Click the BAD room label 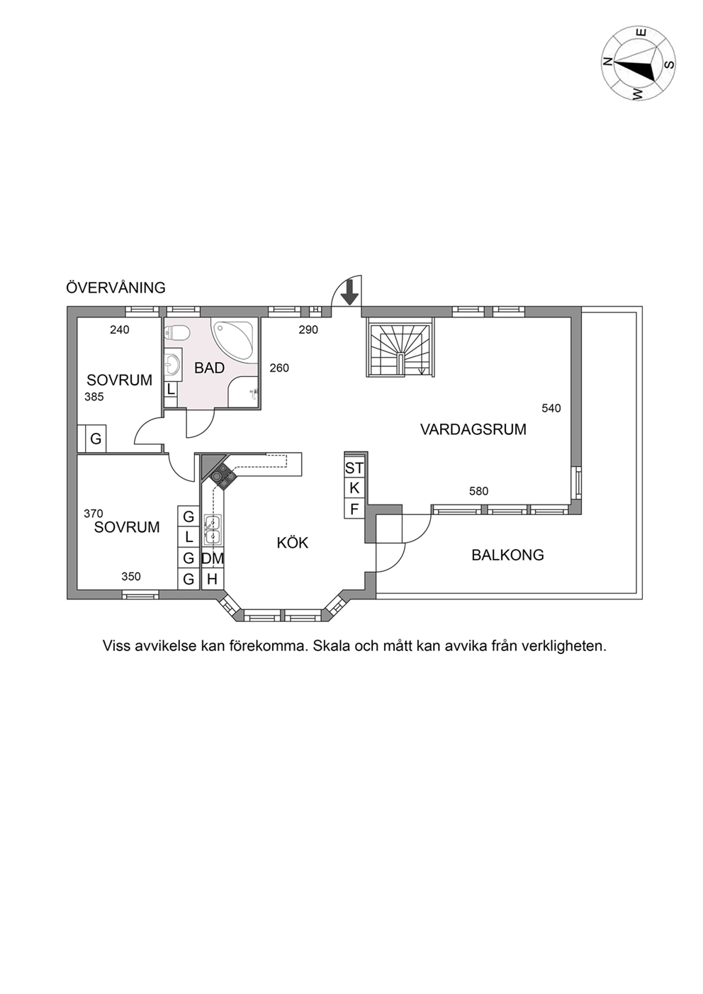coord(210,368)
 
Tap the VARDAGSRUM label coord(473,429)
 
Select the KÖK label coord(293,542)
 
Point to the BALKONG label coord(507,555)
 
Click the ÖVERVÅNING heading coord(116,287)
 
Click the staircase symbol coord(400,349)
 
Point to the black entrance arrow coord(351,293)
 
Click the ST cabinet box coord(354,468)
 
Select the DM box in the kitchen coord(213,558)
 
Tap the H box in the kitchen coord(213,579)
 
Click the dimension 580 coord(478,491)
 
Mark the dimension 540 coord(551,408)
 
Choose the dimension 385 coord(94,397)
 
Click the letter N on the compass coord(607,62)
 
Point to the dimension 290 coord(308,329)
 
